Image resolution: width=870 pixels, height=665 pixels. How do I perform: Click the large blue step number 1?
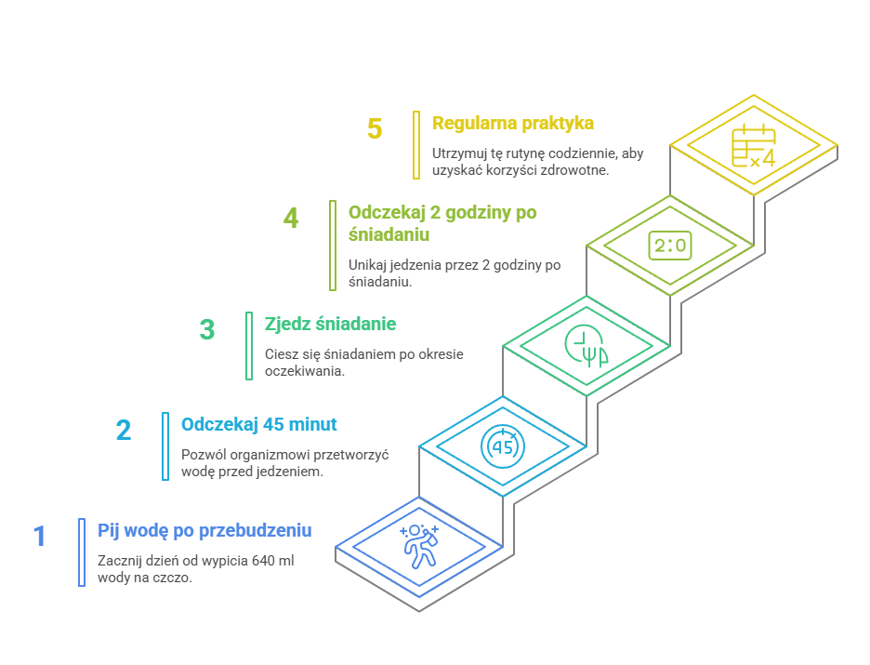(39, 537)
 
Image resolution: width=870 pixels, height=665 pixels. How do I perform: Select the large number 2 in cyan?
(124, 431)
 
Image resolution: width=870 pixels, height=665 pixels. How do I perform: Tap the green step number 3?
(207, 330)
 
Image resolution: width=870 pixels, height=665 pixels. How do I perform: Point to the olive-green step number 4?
(291, 219)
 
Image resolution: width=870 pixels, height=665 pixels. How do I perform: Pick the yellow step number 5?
(375, 128)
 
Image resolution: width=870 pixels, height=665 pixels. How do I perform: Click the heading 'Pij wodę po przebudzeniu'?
(204, 530)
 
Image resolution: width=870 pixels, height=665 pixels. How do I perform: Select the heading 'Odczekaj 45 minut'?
(259, 424)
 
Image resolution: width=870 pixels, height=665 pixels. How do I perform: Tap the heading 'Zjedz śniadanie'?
(330, 324)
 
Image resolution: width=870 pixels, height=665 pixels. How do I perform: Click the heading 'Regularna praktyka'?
(513, 123)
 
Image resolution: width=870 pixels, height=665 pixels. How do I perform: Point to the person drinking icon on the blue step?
(419, 546)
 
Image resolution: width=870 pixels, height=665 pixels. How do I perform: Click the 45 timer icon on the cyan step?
(503, 446)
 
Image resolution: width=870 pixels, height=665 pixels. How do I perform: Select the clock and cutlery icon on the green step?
(586, 346)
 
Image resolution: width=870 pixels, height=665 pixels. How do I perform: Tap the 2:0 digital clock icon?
(670, 246)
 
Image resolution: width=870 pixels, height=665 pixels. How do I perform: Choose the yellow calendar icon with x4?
(754, 146)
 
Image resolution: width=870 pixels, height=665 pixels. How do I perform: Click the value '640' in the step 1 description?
(264, 561)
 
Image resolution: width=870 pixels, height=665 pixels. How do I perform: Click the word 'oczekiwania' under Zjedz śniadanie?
(305, 371)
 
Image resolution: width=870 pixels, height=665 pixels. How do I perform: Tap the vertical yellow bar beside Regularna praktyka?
(416, 145)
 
